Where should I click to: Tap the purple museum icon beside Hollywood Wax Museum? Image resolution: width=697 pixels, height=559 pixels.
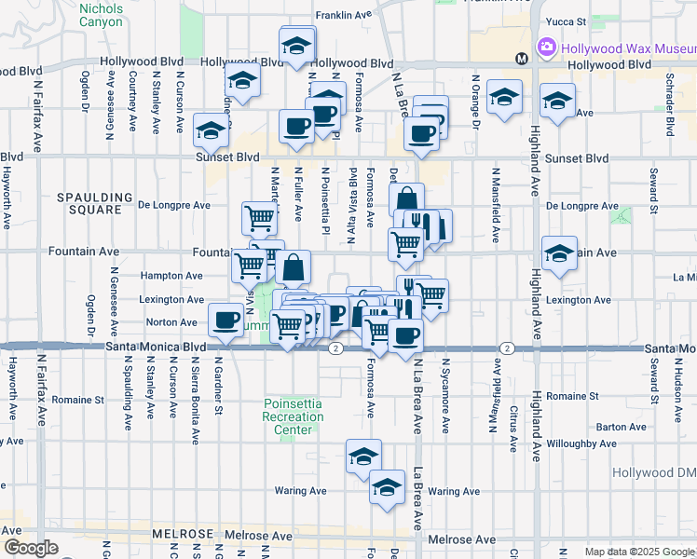(546, 47)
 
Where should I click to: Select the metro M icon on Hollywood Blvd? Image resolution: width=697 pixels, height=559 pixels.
(522, 58)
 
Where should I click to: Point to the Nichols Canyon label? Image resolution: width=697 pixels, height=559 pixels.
(101, 14)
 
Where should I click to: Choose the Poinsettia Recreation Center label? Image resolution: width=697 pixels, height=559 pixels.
(293, 417)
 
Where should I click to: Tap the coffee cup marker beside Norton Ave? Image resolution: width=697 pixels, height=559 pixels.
(225, 320)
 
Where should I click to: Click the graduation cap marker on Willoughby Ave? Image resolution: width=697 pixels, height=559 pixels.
(363, 455)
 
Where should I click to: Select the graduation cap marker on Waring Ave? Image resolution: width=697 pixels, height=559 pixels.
(387, 485)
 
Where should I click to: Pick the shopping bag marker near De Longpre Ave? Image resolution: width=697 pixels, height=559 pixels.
(407, 198)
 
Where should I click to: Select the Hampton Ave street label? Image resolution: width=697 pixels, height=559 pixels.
(171, 276)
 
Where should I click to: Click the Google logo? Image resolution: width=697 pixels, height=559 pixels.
(30, 548)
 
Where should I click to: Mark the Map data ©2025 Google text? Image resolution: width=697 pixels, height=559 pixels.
(639, 552)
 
